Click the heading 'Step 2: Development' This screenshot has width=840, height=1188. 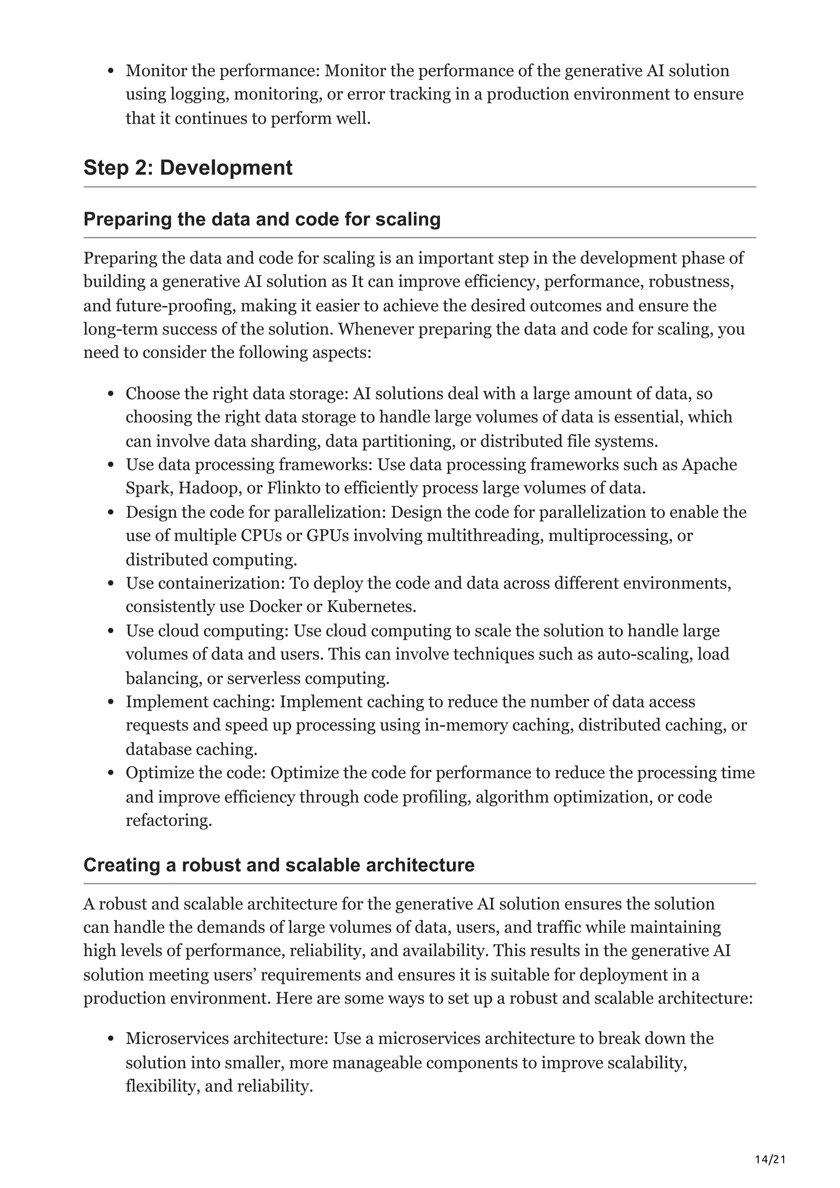(188, 168)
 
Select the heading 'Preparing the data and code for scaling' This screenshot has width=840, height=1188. (262, 219)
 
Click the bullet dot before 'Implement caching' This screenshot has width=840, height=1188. (111, 703)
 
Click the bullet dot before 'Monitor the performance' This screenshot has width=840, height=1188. (111, 71)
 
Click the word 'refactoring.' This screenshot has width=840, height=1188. (169, 820)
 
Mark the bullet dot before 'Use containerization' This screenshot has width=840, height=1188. (111, 584)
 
